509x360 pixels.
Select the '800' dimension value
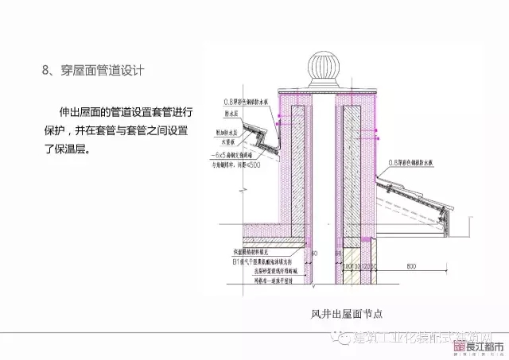point(410,264)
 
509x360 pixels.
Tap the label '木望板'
point(231,138)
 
